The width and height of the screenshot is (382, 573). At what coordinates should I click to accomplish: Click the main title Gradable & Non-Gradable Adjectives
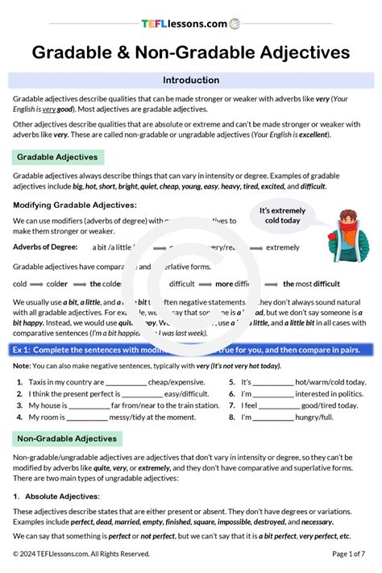191,52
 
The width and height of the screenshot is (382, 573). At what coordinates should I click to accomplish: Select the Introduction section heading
191,81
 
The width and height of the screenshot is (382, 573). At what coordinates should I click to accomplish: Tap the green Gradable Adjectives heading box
58,157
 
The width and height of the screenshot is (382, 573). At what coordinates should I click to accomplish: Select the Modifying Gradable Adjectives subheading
75,206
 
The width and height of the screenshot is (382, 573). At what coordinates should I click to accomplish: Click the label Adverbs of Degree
45,247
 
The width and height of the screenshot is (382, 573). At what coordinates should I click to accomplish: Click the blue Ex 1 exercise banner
191,349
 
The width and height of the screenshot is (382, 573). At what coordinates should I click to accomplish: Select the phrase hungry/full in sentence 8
317,417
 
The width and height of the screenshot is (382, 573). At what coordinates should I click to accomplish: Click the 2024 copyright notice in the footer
81,554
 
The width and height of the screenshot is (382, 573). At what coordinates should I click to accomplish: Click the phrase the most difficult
311,284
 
